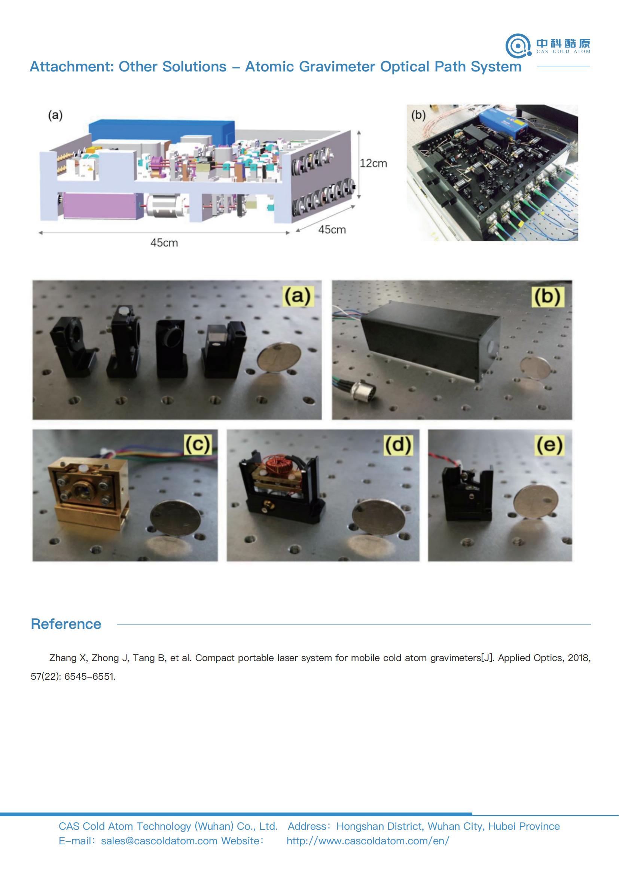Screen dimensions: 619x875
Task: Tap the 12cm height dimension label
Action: coord(373,163)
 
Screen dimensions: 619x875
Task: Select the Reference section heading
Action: coord(66,624)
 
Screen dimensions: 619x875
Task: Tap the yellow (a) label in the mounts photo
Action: coord(298,296)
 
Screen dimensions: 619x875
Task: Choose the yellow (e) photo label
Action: coord(549,444)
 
